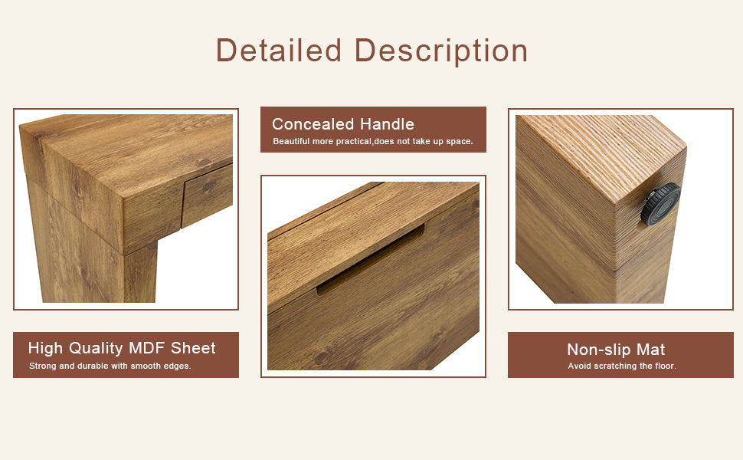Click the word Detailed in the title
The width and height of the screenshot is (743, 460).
[x=279, y=50]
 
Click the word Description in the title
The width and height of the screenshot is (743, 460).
[x=441, y=51]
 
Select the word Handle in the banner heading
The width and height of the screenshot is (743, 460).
[x=387, y=124]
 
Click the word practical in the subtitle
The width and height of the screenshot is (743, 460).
[x=354, y=141]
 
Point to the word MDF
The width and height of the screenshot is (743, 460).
[x=147, y=348]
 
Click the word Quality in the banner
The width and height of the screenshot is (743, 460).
[x=96, y=349]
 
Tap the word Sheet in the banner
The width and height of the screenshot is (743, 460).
[x=193, y=348]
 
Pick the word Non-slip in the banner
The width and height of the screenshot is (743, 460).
[x=599, y=350]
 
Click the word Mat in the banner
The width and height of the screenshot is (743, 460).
[x=650, y=350]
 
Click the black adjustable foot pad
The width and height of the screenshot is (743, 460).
[x=660, y=204]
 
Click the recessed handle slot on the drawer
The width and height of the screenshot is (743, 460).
[x=371, y=260]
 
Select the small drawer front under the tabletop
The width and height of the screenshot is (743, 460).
[x=207, y=195]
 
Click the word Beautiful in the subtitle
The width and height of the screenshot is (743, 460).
[x=291, y=141]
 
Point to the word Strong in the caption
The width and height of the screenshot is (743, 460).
[x=43, y=366]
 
